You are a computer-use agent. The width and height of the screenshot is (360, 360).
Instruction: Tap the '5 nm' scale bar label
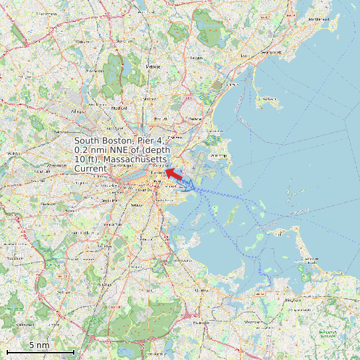click(x=39, y=345)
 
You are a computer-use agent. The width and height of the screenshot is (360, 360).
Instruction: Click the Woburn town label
click(x=82, y=41)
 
